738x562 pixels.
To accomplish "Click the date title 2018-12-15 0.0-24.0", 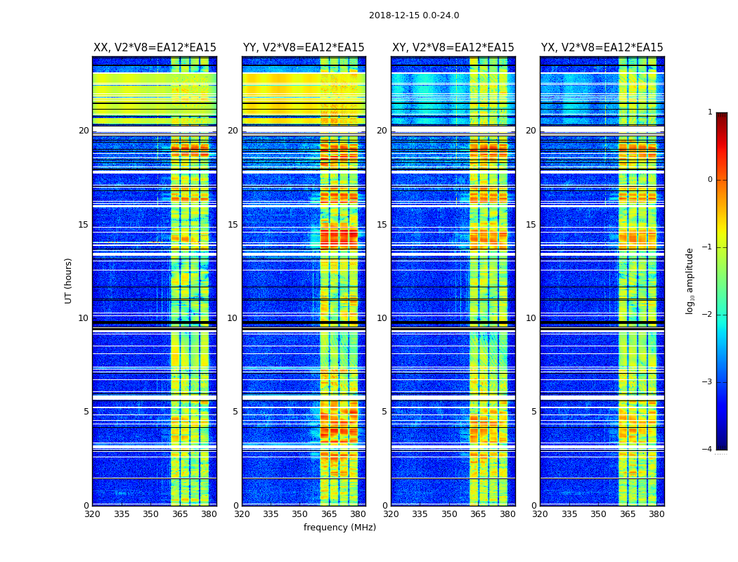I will coord(414,15).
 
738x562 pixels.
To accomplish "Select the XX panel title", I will coord(155,48).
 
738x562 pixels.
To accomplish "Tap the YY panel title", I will coord(304,48).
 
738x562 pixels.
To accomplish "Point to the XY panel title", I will coord(453,48).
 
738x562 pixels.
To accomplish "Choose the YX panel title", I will coord(602,48).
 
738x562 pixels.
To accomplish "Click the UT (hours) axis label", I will coord(69,280).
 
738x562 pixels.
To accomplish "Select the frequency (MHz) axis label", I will coord(339,528).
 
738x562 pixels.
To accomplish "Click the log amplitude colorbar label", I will coord(690,280).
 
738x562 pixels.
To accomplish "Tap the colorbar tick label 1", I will coord(710,112).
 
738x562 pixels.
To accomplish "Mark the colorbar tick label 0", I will coord(710,180).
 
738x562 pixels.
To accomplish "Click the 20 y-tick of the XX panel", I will coord(84,131).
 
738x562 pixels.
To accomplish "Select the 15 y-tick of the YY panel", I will coord(233,225).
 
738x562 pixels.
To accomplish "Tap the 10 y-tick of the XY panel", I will coord(382,318).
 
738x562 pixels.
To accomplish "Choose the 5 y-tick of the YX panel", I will coord(533,412).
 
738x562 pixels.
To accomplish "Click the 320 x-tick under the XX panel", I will coord(92,514).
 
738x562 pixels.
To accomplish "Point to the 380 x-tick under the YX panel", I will coord(656,514).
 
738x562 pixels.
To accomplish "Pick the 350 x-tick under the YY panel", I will coord(300,514).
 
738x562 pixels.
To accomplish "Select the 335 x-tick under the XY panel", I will coord(420,514).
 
